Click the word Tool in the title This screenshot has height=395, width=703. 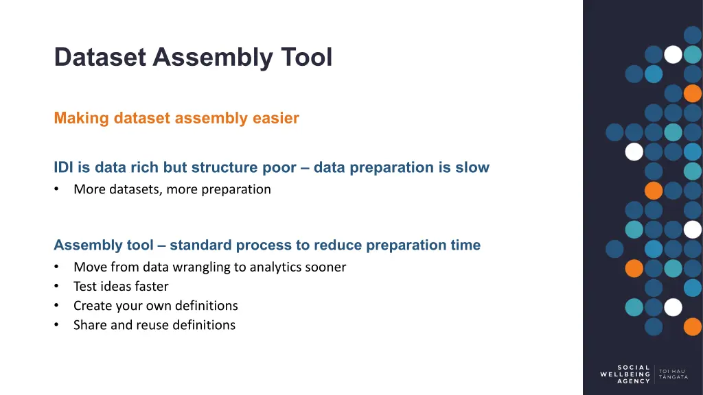point(307,57)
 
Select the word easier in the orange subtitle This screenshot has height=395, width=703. point(276,118)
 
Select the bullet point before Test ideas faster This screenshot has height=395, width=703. point(56,286)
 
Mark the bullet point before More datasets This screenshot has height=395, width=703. point(56,189)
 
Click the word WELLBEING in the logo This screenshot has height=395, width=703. point(625,374)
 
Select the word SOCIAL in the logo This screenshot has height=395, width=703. point(634,368)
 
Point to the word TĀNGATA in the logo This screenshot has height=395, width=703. point(673,377)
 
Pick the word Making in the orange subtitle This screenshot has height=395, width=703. point(82,118)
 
